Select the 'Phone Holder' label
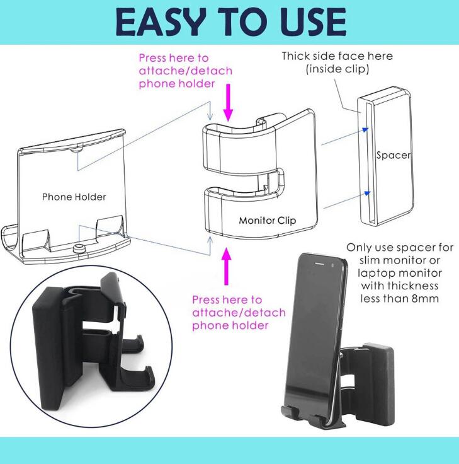click(74, 197)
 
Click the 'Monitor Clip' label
click(267, 221)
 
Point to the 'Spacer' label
click(393, 154)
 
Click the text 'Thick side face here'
click(337, 56)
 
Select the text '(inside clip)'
click(337, 69)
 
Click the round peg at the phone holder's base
click(79, 248)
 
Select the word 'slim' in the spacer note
click(370, 260)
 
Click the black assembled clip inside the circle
click(94, 340)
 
